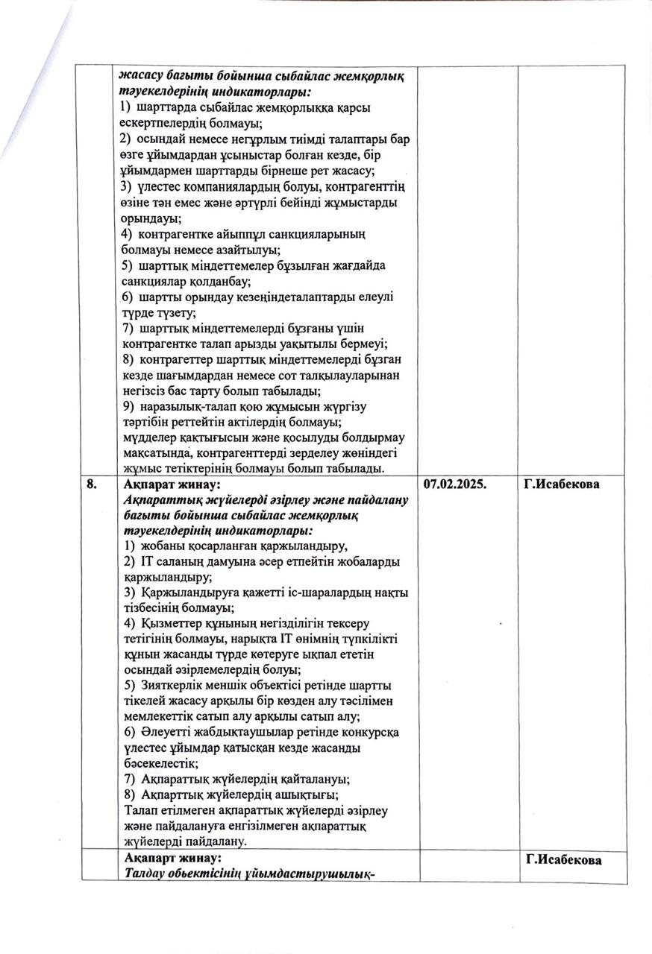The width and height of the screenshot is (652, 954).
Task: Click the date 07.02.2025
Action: (455, 484)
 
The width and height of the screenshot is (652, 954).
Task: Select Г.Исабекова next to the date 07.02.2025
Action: (562, 484)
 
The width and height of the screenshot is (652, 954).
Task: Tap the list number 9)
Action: (128, 406)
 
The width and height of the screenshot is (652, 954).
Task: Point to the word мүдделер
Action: (147, 437)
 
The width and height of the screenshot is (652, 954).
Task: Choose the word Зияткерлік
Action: (169, 685)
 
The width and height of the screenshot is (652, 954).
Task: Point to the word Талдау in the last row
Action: (144, 875)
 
